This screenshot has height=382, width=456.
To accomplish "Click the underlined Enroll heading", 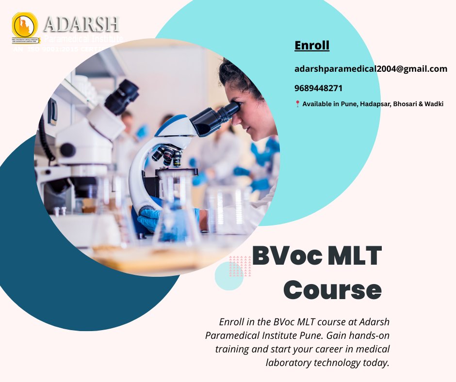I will pos(312,46).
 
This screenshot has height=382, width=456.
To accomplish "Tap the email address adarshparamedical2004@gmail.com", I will pos(371,69).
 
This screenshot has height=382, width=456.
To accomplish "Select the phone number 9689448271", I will pos(318,88).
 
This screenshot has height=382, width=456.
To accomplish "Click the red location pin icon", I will pos(297,104).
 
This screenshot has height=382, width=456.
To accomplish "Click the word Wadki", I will pos(434,104).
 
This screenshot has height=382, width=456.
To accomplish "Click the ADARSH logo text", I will pos(81,24).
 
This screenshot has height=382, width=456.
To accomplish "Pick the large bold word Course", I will pos(332,289).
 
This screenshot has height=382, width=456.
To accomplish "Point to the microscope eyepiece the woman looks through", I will pos(228,112).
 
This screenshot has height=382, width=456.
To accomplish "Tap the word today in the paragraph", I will pos(376,362).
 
